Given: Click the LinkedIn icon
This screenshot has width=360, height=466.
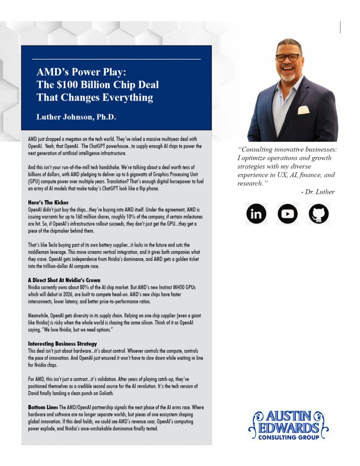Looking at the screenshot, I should tap(256, 213).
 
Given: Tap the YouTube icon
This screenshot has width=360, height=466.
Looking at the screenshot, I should tap(287, 213).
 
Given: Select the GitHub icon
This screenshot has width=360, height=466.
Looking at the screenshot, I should tap(319, 213).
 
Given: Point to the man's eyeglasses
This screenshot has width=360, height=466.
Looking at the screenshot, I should tap(288, 58).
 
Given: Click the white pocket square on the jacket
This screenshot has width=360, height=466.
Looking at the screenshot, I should tap(303, 110).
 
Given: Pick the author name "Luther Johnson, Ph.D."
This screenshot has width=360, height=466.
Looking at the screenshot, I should tap(76, 117).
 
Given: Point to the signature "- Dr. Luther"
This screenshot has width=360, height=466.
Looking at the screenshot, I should tap(317, 192).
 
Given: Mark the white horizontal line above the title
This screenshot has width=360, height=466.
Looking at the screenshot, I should tap(116, 59).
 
